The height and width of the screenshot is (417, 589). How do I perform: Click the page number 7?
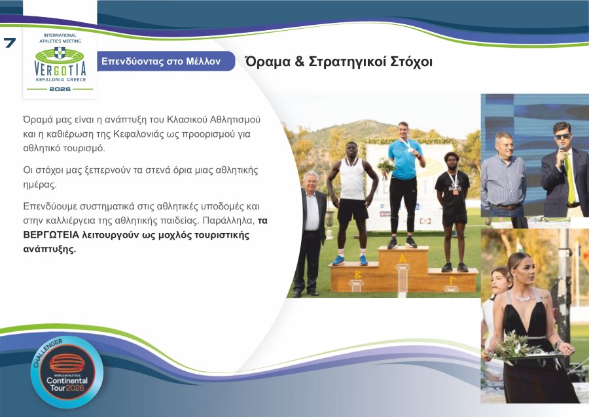pyautogui.click(x=10, y=44)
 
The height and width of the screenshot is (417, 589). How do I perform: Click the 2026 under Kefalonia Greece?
pyautogui.click(x=60, y=88)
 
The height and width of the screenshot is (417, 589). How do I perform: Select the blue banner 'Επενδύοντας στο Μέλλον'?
pyautogui.click(x=161, y=62)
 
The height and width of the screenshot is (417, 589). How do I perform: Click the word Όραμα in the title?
pyautogui.click(x=265, y=62)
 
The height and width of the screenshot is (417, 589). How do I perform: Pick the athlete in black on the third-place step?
pyautogui.click(x=453, y=203)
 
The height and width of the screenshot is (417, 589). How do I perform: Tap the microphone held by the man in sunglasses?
pyautogui.click(x=561, y=157)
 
